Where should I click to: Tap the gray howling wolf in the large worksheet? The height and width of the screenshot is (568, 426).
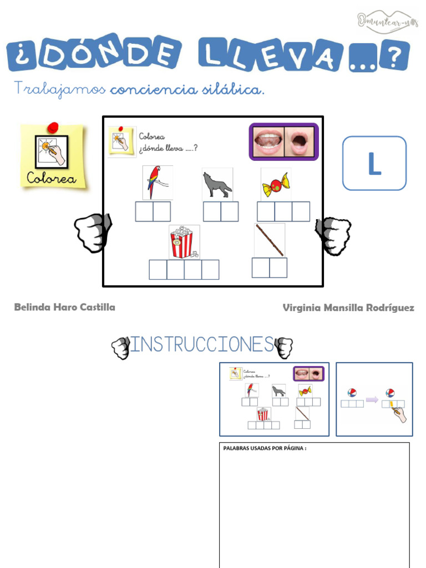click(x=216, y=185)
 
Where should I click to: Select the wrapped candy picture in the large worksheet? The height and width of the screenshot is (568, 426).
click(x=276, y=185)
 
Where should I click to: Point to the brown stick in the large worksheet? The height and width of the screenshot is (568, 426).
click(x=270, y=240)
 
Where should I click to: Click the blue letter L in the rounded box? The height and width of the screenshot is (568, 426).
click(x=374, y=164)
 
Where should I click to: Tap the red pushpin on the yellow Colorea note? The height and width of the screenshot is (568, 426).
click(x=53, y=128)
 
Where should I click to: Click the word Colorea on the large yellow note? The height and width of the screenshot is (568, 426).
click(x=54, y=179)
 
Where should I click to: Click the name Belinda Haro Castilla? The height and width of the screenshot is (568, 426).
click(x=64, y=307)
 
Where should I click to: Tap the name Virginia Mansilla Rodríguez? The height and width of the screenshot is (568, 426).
click(x=348, y=308)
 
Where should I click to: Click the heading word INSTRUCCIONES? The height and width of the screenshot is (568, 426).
click(x=201, y=345)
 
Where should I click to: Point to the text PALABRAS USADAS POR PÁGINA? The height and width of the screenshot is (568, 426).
click(x=265, y=448)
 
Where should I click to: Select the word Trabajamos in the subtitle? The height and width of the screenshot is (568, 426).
click(x=59, y=89)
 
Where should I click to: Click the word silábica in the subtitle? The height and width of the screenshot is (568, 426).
click(x=233, y=89)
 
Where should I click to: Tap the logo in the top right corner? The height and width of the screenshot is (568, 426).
click(x=387, y=21)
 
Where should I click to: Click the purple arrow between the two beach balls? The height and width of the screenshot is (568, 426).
click(x=372, y=399)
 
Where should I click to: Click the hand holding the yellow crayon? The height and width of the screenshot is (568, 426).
click(x=399, y=412)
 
